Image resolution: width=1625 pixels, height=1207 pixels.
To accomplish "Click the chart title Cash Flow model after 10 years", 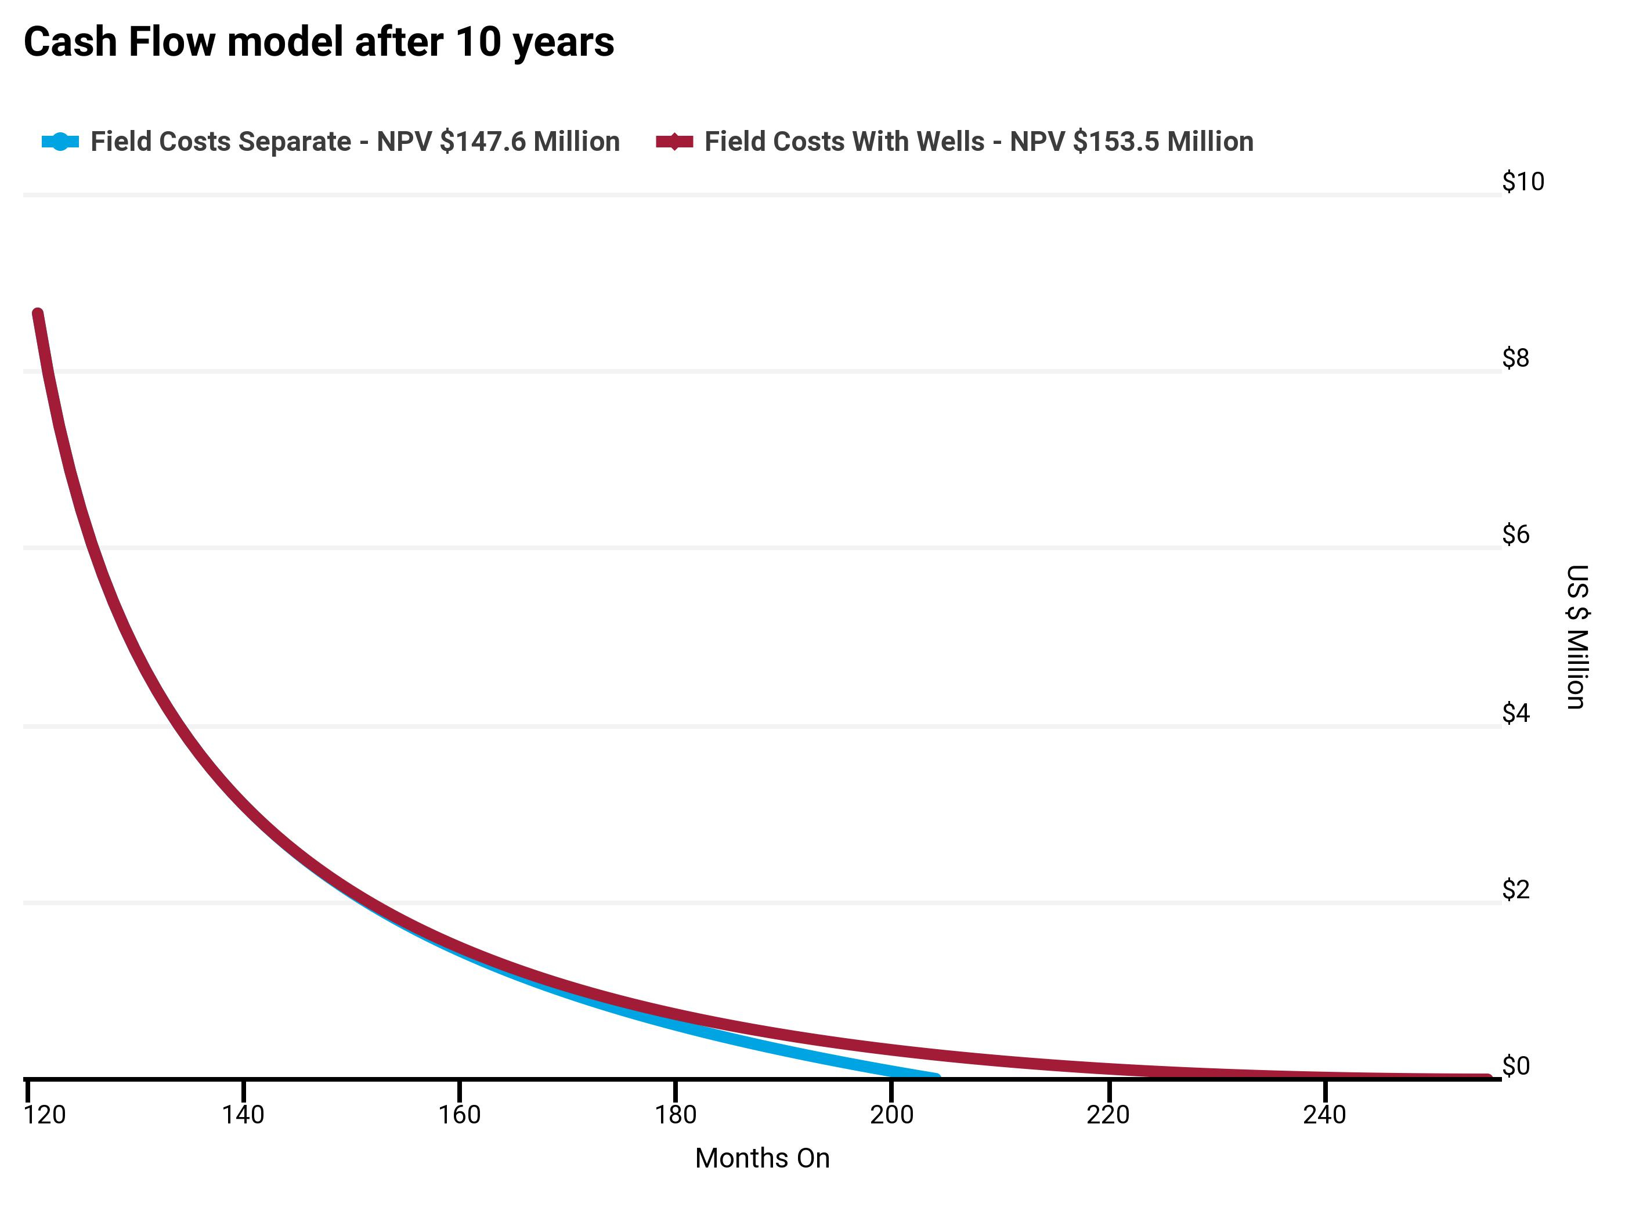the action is [x=319, y=42].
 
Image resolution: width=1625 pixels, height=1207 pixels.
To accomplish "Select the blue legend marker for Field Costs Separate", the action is [x=60, y=142].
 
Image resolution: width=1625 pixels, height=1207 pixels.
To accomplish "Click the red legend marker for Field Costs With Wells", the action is [x=674, y=142].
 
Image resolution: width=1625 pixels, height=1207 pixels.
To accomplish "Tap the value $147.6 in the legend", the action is [x=482, y=142].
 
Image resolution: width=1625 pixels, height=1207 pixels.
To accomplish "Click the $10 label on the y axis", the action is [x=1523, y=182].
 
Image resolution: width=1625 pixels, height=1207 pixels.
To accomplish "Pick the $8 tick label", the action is [x=1515, y=358].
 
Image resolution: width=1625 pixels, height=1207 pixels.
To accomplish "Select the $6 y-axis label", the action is [x=1515, y=535].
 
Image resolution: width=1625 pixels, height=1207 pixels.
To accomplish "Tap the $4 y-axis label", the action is [x=1515, y=713].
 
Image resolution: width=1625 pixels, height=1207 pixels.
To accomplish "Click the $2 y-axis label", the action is [x=1515, y=890].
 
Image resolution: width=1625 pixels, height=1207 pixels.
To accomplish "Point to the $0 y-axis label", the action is [x=1515, y=1067].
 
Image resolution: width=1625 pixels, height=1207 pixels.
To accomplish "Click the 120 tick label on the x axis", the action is [x=45, y=1115].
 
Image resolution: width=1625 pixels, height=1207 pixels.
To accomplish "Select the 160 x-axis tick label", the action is [x=459, y=1115].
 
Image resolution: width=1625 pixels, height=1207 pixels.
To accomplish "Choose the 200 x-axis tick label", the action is [x=891, y=1115].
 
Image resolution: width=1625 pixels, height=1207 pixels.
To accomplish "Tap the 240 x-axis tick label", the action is [x=1324, y=1115].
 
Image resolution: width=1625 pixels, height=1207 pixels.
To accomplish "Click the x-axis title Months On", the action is [x=762, y=1159].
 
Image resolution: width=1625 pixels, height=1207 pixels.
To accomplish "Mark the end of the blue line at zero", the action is [x=936, y=1077].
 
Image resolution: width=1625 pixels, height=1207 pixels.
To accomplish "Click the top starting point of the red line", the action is [x=38, y=314].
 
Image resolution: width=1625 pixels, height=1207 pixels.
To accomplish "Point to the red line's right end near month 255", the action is [x=1487, y=1078].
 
